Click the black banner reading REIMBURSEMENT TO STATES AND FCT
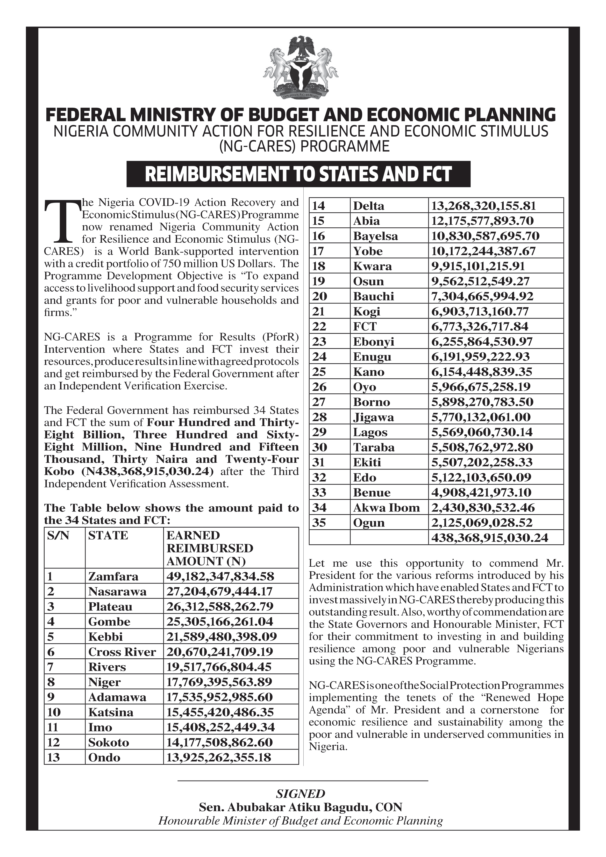298,174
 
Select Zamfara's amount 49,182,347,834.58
220,576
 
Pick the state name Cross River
122,652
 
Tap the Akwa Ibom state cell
387,508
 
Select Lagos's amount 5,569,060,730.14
481,432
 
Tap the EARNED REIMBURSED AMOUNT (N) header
209,548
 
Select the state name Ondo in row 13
104,758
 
